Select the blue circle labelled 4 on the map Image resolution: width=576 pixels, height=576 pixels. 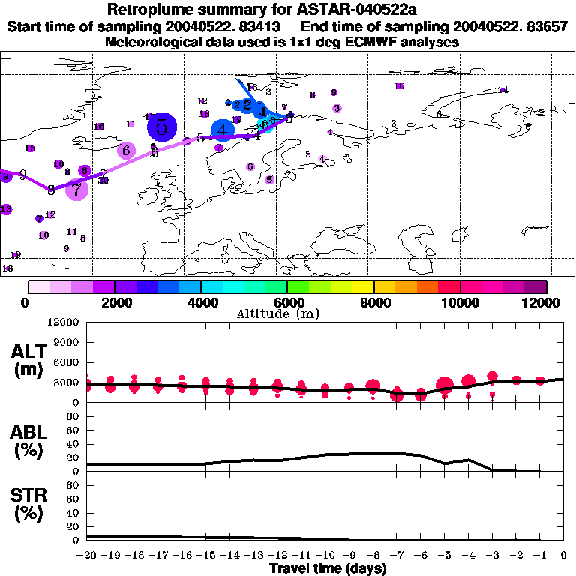point(223,130)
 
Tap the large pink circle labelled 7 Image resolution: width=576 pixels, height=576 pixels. point(76,189)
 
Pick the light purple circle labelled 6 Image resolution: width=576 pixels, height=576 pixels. point(126,150)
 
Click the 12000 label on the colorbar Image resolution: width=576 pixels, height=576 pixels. point(541,303)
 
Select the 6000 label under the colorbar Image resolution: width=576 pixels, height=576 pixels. point(287,303)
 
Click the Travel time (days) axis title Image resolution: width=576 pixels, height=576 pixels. point(328,569)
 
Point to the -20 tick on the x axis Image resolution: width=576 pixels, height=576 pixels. point(87,556)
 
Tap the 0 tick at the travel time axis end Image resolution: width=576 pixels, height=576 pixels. point(564,556)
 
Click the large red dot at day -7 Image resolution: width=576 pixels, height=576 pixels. point(397,394)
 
